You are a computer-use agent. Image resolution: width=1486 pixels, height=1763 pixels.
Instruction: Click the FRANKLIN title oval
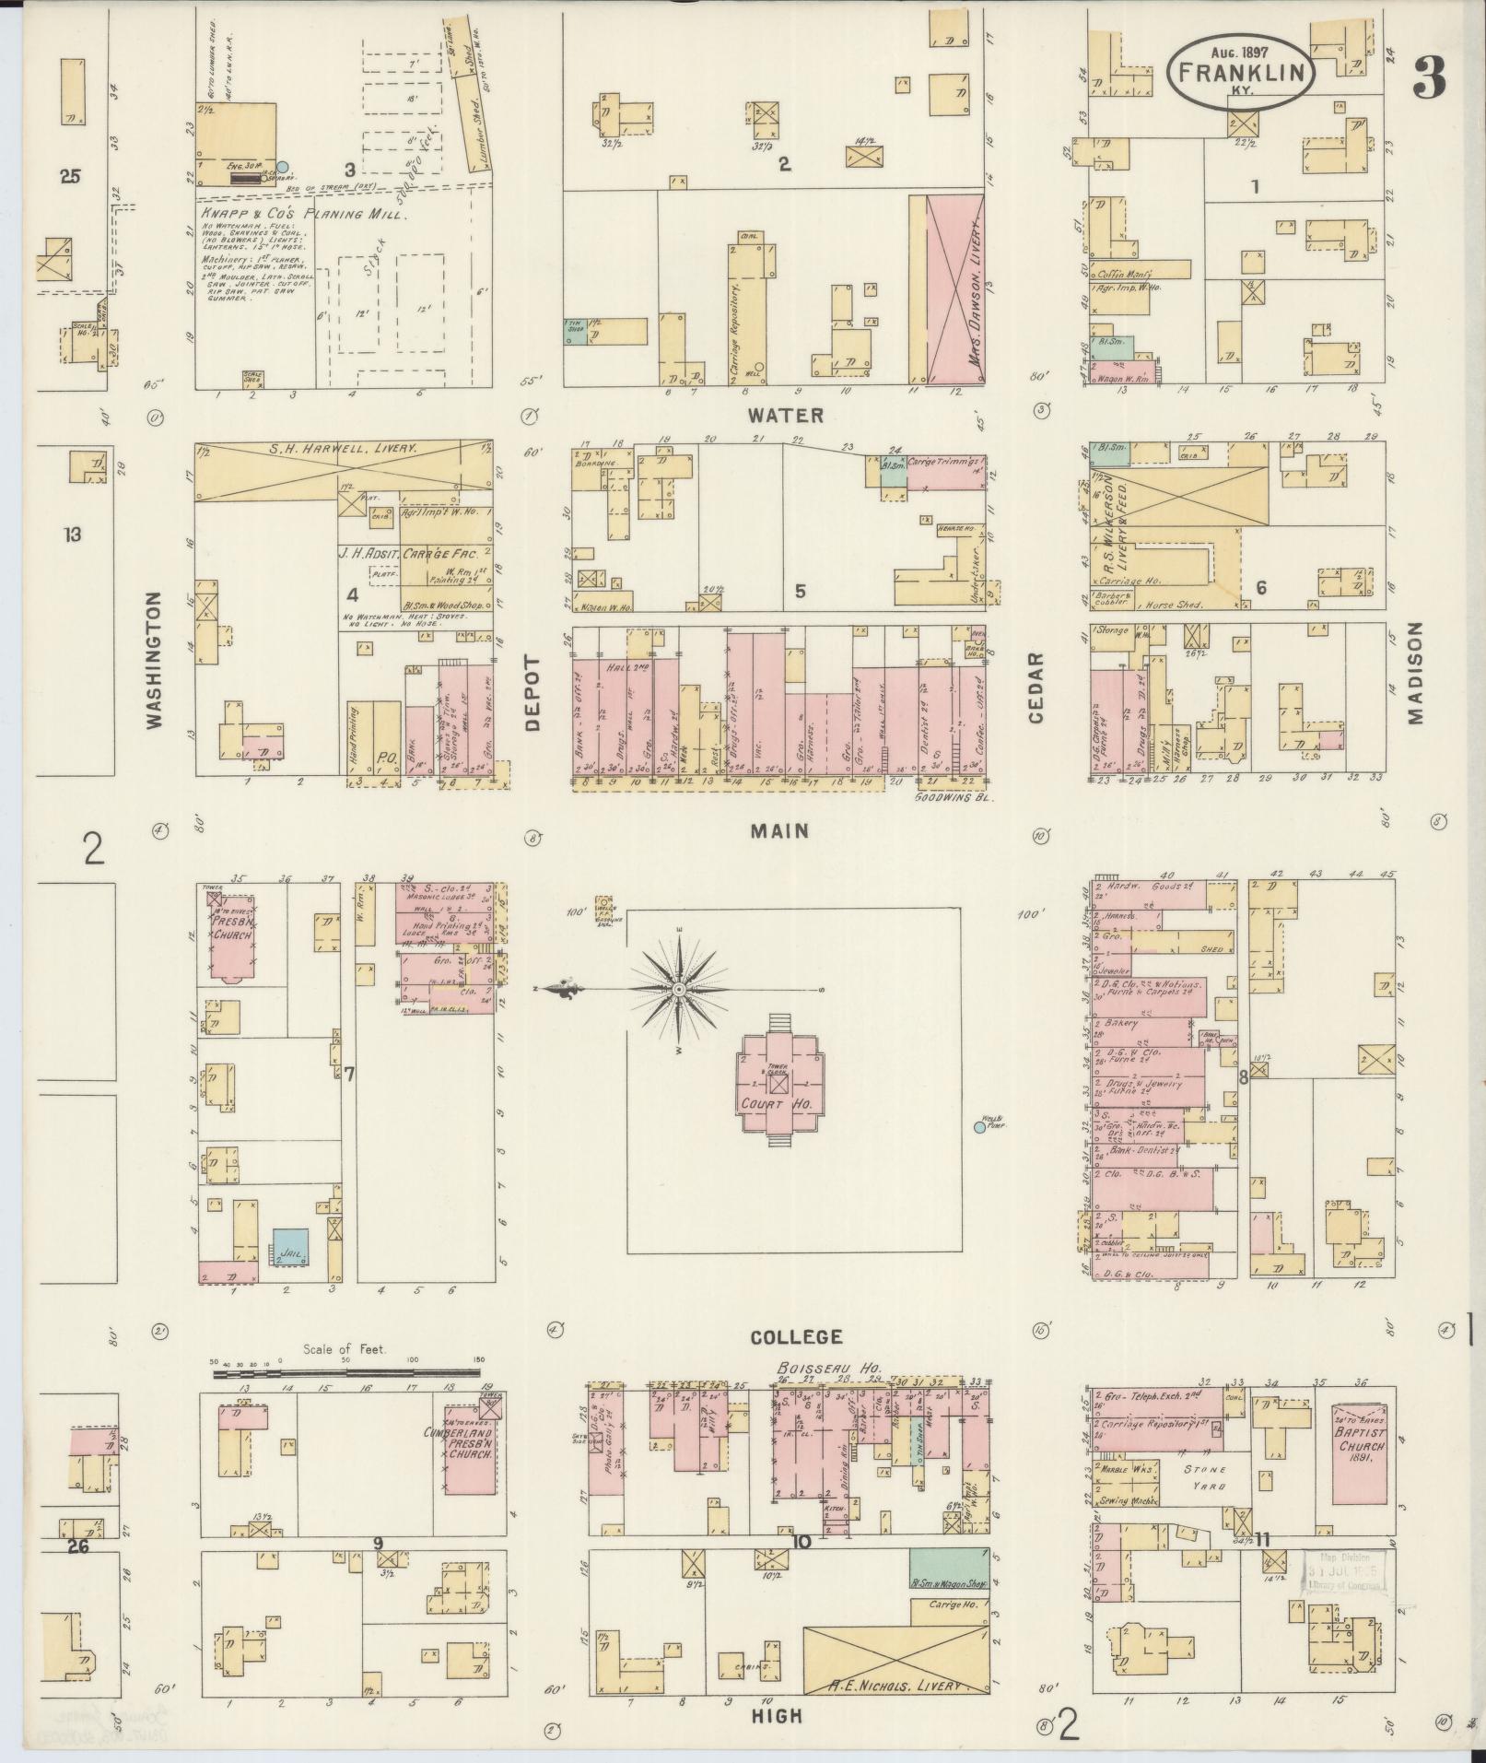coord(1240,73)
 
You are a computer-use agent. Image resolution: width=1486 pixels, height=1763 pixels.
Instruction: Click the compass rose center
coord(679,989)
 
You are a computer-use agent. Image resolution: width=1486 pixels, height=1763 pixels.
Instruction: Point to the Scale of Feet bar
coord(348,1373)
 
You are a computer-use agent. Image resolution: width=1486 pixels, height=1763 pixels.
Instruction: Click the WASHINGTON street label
coord(154,660)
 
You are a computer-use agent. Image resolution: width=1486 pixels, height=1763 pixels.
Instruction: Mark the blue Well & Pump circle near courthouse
coord(978,1126)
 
